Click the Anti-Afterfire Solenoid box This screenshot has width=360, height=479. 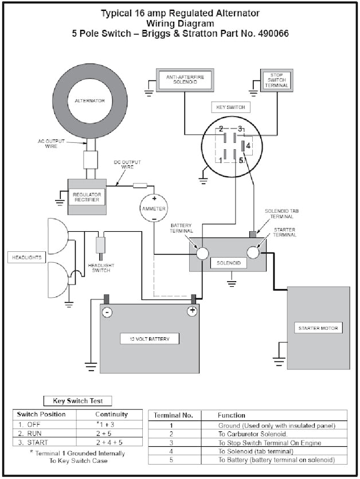pos(183,80)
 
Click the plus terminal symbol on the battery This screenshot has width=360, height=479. pos(193,311)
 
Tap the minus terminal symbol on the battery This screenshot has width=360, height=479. pos(107,312)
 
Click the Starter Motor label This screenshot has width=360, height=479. pos(319,328)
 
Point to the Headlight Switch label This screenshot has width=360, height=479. pos(102,267)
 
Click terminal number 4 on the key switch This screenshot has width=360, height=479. pos(248,146)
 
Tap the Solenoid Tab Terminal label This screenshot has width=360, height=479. pos(279,214)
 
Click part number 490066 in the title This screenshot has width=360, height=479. pos(271,34)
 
